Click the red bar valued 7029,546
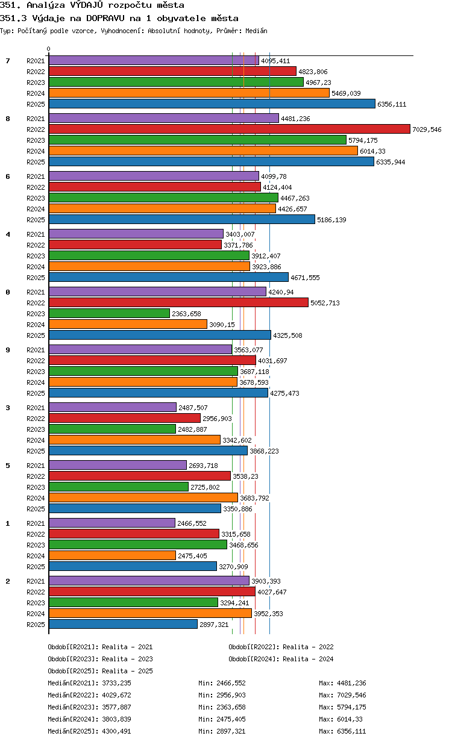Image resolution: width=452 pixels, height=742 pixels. coord(230,129)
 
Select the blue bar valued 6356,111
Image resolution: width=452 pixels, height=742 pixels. coord(212,104)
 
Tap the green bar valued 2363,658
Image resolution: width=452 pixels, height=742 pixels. coord(109,313)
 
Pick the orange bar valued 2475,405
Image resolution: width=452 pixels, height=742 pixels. coord(112,555)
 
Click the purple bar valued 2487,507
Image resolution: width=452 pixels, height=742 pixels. coord(113,407)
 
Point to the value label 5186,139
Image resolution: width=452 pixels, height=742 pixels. coord(331,220)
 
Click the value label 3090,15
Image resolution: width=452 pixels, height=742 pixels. coord(222,325)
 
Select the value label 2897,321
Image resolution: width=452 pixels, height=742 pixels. coord(214,625)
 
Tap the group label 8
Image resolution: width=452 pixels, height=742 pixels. coord(8,119)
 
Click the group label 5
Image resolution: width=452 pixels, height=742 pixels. coord(8,466)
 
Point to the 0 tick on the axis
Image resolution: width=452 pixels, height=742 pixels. coord(49,49)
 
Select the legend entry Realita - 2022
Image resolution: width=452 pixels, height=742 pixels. coord(308,647)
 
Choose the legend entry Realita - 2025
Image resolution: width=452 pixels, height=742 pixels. coord(127,671)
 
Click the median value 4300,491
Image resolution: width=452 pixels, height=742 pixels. coord(116,731)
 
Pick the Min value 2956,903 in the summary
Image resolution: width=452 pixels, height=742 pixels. coord(231,695)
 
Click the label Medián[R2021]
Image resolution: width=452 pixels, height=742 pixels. coord(74,684)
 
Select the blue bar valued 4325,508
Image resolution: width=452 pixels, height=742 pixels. coord(160,335)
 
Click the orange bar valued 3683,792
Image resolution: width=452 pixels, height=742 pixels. coord(143,498)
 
